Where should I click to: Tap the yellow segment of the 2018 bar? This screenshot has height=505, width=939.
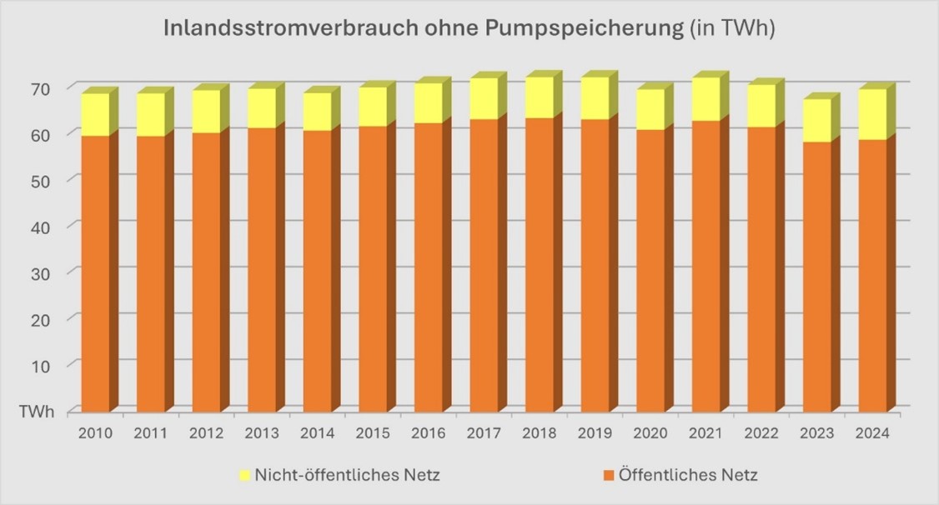coord(539,97)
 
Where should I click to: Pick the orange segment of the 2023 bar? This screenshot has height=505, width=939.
coord(816,276)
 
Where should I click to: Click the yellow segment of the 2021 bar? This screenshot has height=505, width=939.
coord(706,99)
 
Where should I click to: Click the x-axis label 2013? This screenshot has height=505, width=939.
coord(262,433)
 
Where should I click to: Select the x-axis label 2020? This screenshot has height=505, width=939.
coord(650,433)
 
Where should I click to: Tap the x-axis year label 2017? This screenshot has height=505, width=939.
coord(484,433)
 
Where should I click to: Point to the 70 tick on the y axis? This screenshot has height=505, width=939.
coord(41,88)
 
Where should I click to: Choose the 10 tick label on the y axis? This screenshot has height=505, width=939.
coord(41,365)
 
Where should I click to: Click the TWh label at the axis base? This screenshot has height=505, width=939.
coord(38,412)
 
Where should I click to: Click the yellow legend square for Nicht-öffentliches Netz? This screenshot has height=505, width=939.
coord(244,476)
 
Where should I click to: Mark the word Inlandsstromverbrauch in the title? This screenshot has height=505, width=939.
coord(288,30)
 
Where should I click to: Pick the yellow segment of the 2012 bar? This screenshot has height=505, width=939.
coord(206,111)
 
